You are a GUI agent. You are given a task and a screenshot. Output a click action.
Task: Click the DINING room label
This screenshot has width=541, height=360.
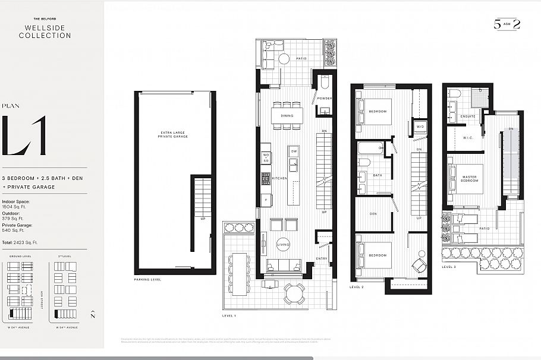pos(287,116)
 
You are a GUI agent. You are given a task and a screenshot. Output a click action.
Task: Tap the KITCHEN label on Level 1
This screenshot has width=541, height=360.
pos(279,178)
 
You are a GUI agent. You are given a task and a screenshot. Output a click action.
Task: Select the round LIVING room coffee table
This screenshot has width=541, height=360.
pos(283,244)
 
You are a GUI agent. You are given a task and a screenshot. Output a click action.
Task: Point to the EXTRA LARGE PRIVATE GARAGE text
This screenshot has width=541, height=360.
pos(174,134)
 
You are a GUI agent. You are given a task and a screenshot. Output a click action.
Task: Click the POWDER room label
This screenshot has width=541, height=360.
pos(325,99)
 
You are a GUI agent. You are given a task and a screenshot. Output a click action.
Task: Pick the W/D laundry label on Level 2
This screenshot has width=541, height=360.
pos(420,127)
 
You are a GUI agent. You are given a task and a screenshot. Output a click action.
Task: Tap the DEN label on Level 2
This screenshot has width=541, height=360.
pos(373,214)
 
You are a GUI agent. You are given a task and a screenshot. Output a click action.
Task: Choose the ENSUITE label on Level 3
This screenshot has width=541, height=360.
pos(468,116)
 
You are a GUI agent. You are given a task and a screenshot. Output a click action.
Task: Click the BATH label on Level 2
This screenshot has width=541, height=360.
pos(377,175)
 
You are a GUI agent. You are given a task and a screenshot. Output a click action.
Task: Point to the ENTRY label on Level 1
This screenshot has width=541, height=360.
pos(322,258)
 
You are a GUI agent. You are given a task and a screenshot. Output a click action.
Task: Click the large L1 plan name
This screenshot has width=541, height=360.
pos(24,136)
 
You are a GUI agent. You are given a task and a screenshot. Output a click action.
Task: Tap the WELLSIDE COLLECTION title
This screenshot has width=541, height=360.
pos(45,32)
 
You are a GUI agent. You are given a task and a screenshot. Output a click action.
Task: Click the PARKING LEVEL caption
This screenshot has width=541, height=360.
pos(147,279)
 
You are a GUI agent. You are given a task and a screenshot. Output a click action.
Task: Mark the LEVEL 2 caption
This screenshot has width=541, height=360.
pos(357,287)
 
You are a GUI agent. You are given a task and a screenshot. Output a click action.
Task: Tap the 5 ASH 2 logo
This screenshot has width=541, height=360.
pos(507,24)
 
